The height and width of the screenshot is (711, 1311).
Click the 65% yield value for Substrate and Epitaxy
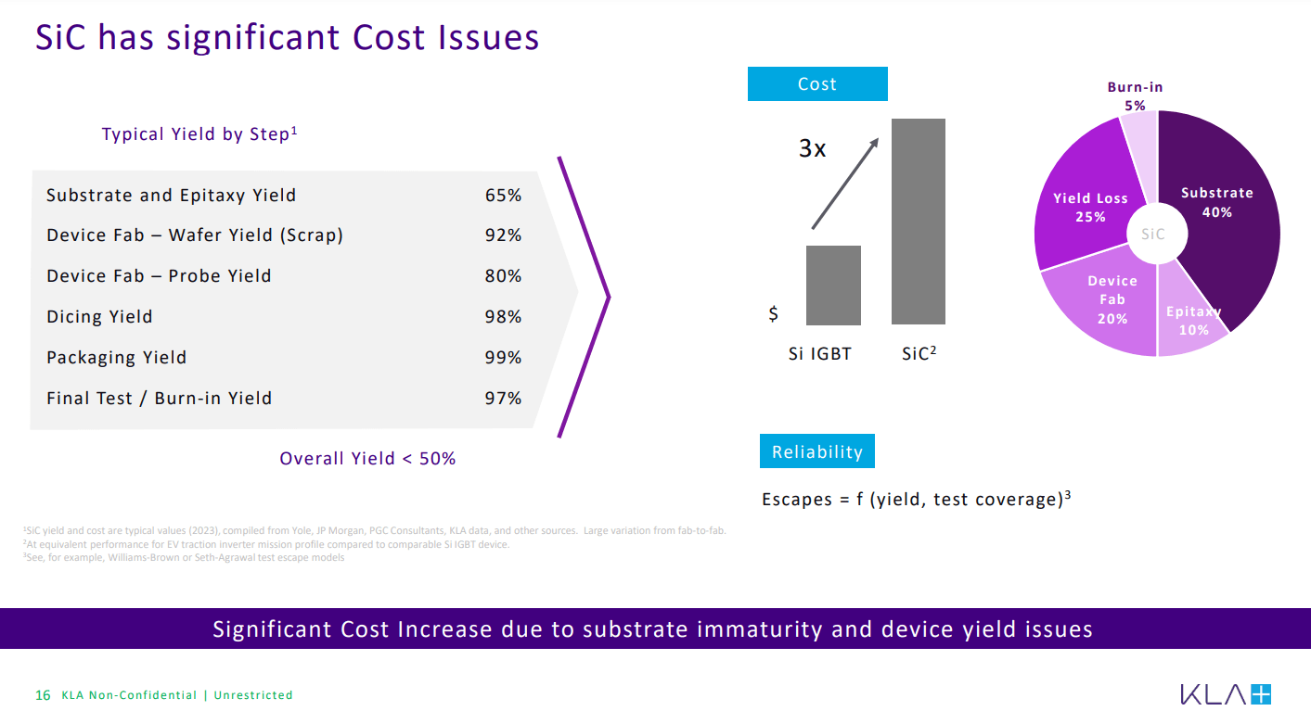[x=503, y=196]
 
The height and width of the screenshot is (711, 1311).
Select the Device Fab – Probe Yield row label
[x=159, y=276]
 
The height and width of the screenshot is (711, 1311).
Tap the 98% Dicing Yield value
[x=503, y=317]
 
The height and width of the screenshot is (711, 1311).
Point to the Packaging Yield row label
[x=116, y=358]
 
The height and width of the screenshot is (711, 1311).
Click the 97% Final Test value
[x=503, y=399]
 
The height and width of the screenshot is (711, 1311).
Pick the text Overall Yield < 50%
[x=367, y=459]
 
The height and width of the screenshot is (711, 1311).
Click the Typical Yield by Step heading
[x=199, y=134]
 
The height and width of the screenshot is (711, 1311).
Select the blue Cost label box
[x=817, y=84]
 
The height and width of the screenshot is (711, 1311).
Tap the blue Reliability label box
[x=817, y=451]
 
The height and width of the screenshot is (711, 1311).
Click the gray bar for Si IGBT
[x=833, y=286]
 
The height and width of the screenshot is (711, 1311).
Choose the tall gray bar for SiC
[x=919, y=222]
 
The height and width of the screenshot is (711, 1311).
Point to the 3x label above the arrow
[x=813, y=148]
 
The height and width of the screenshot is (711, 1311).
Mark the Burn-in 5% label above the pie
[x=1135, y=96]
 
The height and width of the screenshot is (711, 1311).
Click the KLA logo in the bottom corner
[x=1226, y=694]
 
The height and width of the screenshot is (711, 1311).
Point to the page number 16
[x=43, y=695]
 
